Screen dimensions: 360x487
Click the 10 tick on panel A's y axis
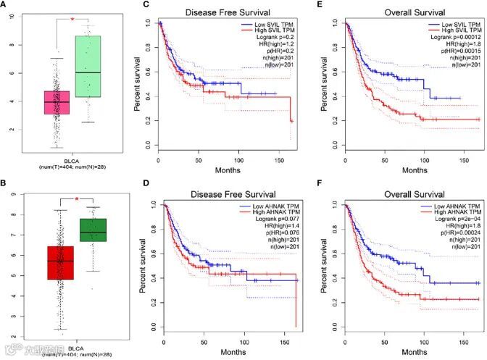[11, 16]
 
